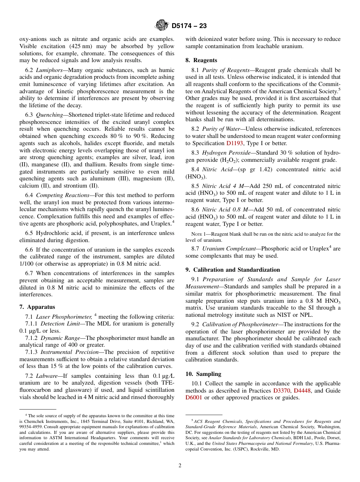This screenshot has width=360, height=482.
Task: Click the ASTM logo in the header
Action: (x=162, y=26)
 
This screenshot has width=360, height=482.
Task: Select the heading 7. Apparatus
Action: (x=37, y=307)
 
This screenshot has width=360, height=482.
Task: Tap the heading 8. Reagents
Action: (x=201, y=60)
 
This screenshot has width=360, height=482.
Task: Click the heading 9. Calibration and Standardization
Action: (x=233, y=270)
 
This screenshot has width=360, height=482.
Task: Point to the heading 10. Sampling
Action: (x=200, y=374)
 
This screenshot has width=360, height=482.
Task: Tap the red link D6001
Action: (x=194, y=397)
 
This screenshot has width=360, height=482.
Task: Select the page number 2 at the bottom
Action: (x=180, y=466)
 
